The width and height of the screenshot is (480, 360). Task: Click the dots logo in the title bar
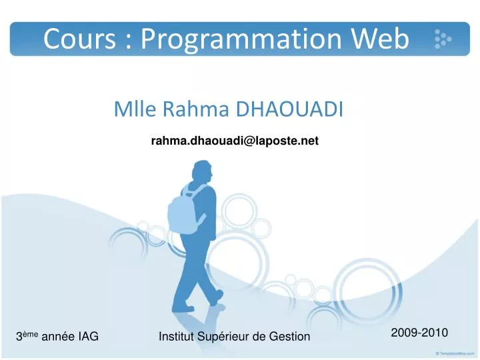click(x=443, y=39)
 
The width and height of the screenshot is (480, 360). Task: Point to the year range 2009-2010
click(x=419, y=332)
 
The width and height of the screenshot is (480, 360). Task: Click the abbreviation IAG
click(x=89, y=337)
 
